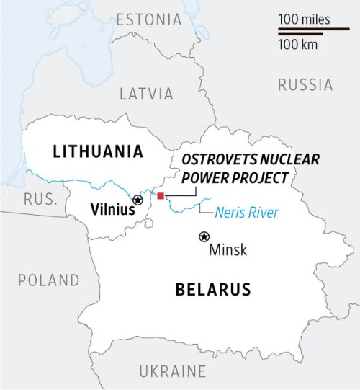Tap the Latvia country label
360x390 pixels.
146,94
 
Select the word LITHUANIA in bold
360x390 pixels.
97,151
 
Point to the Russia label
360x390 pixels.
305,85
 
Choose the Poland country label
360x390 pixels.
49,280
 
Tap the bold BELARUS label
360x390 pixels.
213,290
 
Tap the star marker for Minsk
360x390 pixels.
204,236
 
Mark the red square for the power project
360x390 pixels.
161,196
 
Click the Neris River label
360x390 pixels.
247,213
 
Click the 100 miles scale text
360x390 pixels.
303,19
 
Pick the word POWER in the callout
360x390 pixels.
204,177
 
